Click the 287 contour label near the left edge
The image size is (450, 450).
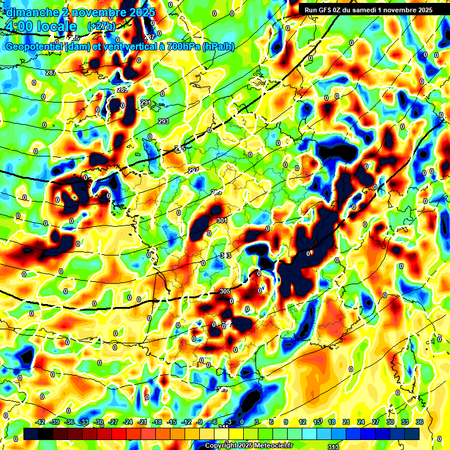[x=50, y=73]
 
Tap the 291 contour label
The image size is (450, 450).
[x=146, y=103]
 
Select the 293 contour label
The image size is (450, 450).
[x=163, y=121]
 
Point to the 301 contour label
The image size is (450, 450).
[x=221, y=220]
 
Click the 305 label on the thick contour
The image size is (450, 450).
[x=225, y=291]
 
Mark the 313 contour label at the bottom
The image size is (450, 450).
[x=333, y=447]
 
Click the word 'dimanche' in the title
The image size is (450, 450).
[x=31, y=12]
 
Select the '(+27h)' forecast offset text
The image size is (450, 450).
[x=101, y=26]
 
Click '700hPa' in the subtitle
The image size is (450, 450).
[x=182, y=47]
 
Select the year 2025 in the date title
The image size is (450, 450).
[x=139, y=12]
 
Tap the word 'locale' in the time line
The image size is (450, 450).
[x=55, y=26]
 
